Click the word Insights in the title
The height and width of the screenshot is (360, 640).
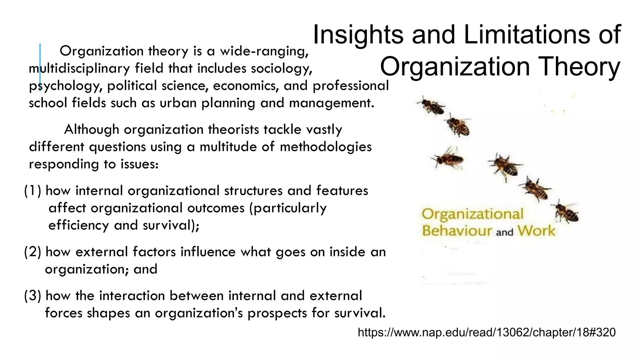coord(358,35)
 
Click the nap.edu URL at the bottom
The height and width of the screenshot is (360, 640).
coord(487,332)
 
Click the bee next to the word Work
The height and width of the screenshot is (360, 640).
coord(566,212)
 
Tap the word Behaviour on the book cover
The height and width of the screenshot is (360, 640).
coord(457,231)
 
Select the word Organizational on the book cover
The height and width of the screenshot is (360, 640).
coord(472,214)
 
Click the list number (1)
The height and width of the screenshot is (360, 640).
coord(33,191)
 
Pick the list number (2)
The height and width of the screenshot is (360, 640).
coord(33,252)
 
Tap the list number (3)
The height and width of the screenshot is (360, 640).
coord(33,296)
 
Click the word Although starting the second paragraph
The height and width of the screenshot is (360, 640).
coord(91,129)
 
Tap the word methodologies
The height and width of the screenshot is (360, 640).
coord(326,147)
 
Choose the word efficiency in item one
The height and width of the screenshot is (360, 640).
coord(78,225)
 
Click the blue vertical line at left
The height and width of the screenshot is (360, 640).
coord(40,67)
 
